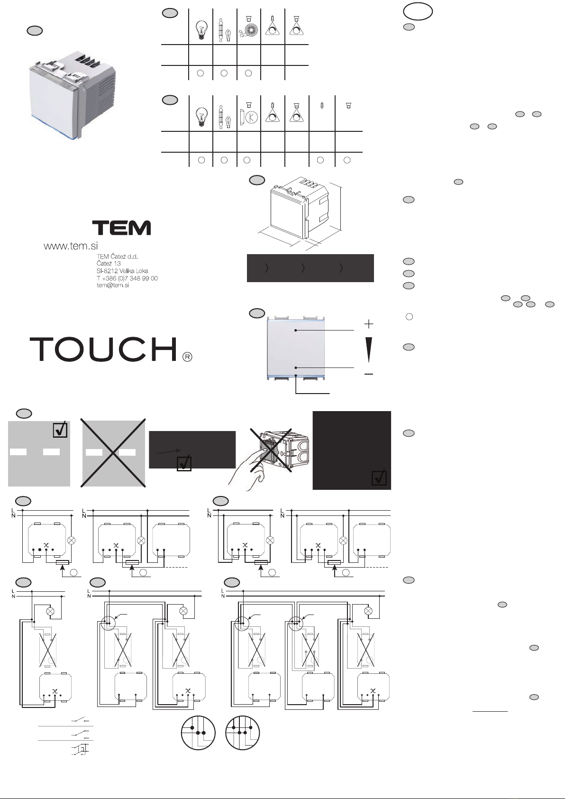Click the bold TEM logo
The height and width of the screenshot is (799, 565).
coord(121,228)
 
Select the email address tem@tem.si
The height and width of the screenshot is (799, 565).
coord(113,285)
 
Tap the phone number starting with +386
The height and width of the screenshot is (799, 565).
coord(127,278)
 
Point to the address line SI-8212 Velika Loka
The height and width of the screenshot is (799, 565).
coord(122,271)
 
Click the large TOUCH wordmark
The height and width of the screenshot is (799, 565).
coord(104,349)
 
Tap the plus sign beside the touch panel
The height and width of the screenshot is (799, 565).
coord(369,324)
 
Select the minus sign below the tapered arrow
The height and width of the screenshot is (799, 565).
coord(369,374)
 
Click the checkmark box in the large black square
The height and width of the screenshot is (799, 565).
coord(379,478)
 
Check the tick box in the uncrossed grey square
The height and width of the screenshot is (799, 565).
coord(60,430)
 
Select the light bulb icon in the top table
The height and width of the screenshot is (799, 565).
coord(200,29)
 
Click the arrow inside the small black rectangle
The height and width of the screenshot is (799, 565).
coord(169,451)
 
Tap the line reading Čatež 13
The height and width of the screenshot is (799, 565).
coord(109,264)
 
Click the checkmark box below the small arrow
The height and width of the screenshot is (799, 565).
coord(184,463)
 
